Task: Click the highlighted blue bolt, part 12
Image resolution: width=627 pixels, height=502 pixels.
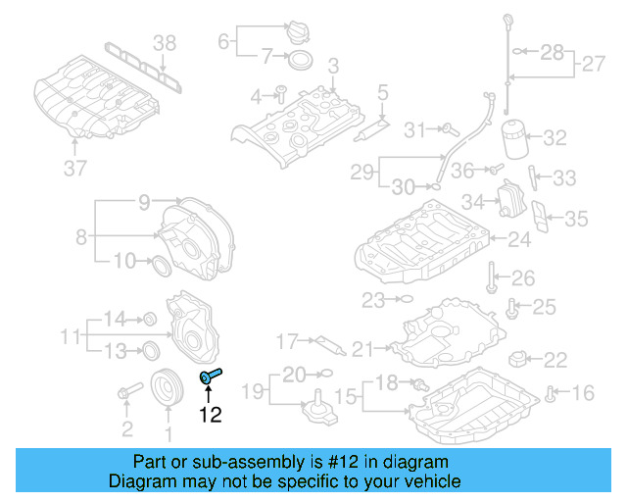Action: [212, 376]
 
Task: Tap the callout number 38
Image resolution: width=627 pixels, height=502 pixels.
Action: [165, 41]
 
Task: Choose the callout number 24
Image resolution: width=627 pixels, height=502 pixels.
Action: [519, 237]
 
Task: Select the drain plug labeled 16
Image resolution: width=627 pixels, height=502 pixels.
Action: [551, 394]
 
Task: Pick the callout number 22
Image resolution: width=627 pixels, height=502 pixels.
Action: [555, 360]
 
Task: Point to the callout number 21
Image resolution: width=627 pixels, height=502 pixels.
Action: [363, 348]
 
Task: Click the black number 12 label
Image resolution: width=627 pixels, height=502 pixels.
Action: [212, 415]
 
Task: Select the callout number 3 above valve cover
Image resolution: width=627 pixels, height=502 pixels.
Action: [333, 66]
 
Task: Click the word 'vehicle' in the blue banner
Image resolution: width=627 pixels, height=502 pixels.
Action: [431, 481]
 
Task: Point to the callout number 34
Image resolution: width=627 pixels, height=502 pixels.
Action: [474, 203]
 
